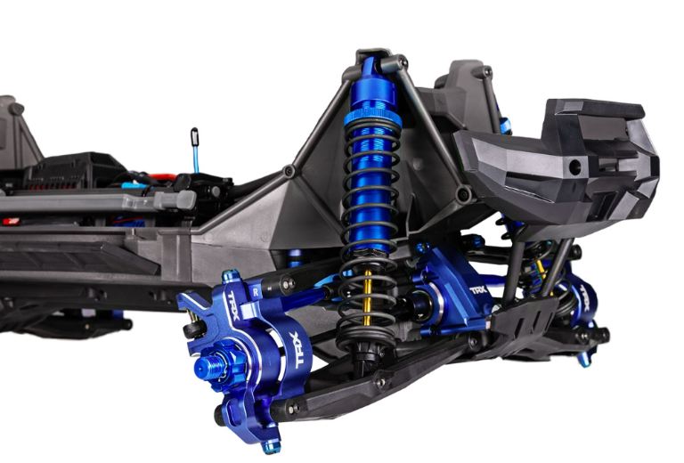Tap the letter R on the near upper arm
pos(256,289)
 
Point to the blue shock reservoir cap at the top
pos(372,68)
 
